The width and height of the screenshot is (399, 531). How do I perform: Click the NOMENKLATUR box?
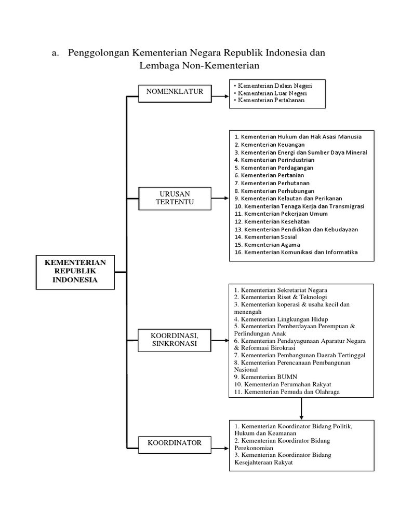point(175,92)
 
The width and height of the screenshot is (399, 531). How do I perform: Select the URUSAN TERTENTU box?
point(175,198)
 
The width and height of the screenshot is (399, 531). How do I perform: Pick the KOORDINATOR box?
point(175,443)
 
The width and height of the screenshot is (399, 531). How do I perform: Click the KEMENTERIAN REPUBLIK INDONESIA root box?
point(74,271)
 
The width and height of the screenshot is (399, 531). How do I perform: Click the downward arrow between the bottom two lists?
point(301,408)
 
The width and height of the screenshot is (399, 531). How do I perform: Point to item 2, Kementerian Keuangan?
point(270,145)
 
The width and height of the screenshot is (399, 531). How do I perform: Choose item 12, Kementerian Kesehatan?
point(272,221)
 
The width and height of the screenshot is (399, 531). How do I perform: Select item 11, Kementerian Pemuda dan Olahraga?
point(287,392)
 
